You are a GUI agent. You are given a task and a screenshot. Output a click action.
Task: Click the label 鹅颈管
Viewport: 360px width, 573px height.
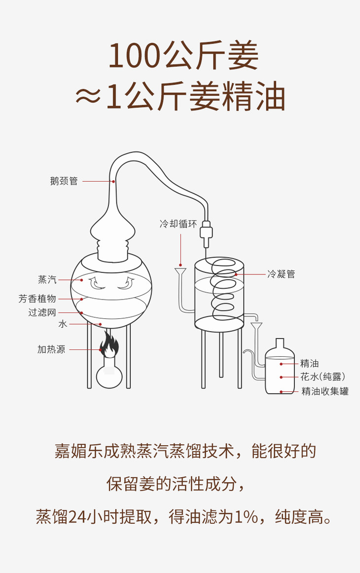pos(64,181)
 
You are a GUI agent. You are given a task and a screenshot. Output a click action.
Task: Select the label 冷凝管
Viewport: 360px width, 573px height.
pos(281,274)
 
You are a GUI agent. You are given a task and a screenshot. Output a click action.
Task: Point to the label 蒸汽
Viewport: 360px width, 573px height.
pos(47,280)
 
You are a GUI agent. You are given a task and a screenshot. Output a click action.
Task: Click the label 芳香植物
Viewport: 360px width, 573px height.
pos(37,299)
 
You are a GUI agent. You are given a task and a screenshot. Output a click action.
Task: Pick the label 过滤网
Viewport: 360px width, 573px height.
pos(42,312)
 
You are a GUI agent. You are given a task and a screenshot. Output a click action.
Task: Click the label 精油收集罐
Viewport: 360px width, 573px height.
pos(325,392)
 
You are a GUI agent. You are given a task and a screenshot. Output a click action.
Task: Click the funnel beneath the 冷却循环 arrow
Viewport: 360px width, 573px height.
pos(180,272)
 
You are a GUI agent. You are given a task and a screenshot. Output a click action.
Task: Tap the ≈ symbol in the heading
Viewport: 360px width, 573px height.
pos(88,98)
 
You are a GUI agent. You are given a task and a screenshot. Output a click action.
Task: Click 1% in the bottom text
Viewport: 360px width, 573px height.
pos(246,517)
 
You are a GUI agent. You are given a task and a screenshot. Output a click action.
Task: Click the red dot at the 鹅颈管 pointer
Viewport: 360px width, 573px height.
pos(113,181)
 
